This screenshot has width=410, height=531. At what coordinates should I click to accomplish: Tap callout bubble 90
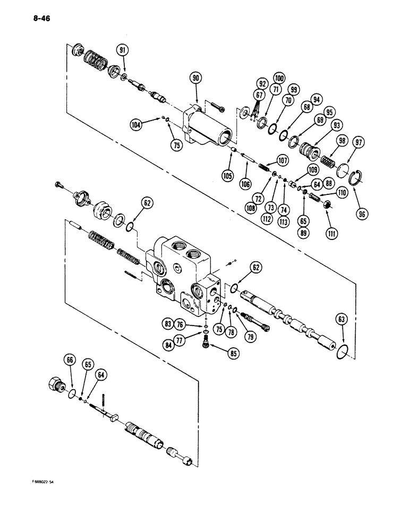coord(196,79)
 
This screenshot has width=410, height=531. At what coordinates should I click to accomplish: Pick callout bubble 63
coord(342,320)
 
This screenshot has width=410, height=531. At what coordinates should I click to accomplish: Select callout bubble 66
coord(69,360)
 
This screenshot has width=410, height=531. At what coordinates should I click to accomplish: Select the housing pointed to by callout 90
coord(207,127)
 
